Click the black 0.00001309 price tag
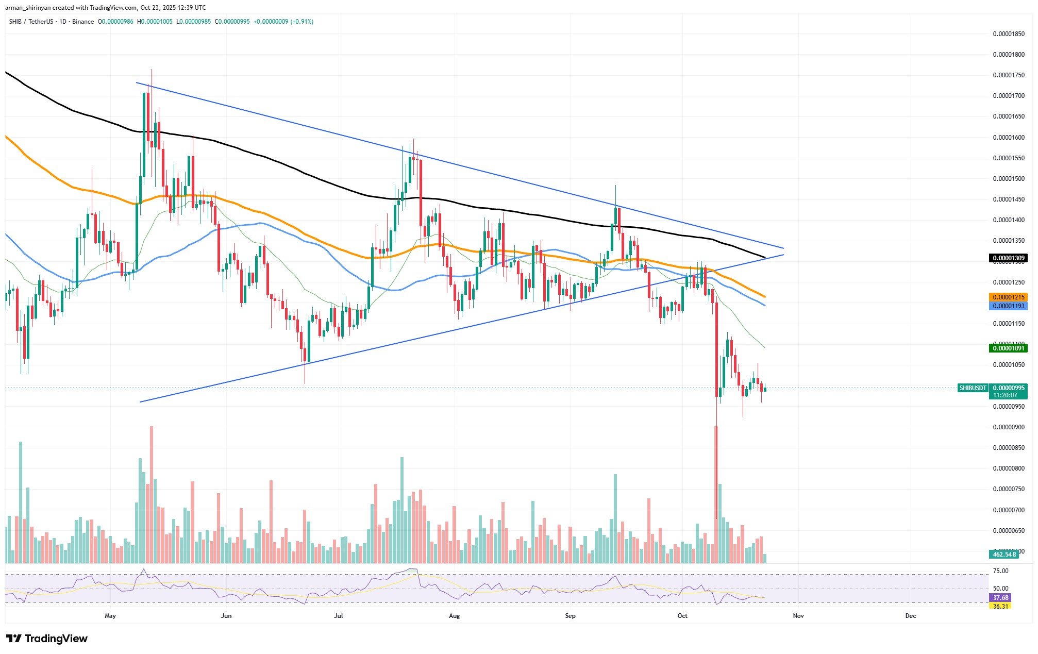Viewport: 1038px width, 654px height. click(1008, 258)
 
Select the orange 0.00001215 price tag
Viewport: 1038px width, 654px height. click(1008, 297)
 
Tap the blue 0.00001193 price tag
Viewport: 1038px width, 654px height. click(1008, 306)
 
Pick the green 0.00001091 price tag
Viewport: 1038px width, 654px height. click(1008, 348)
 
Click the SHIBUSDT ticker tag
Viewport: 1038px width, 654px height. click(972, 388)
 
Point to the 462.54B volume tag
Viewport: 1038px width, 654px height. click(1003, 555)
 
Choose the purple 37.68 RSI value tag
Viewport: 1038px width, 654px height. click(1000, 598)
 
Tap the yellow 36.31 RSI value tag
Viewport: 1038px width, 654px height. click(1000, 606)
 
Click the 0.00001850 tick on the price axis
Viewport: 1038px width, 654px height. click(1009, 34)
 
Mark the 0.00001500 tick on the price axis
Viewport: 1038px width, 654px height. click(1009, 179)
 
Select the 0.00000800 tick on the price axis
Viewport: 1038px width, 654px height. click(1009, 468)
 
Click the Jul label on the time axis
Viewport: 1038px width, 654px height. click(339, 616)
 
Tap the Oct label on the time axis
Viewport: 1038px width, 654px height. click(682, 616)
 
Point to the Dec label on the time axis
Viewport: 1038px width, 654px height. click(911, 616)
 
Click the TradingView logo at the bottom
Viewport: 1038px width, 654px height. click(47, 639)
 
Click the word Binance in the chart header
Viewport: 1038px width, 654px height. click(83, 22)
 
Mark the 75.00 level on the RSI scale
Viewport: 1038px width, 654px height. click(1000, 571)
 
